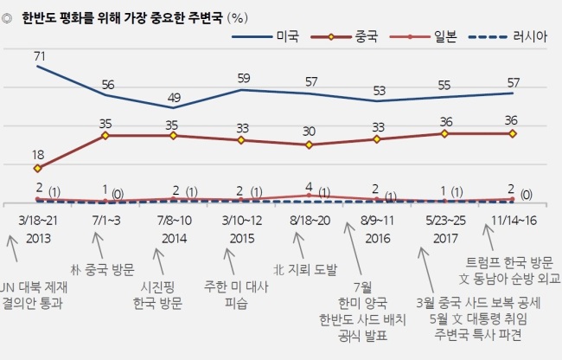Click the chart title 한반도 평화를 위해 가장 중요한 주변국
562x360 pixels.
point(122,17)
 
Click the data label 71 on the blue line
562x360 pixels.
point(40,56)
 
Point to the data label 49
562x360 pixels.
point(174,98)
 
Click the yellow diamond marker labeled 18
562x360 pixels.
point(37,168)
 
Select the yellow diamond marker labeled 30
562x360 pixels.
point(309,145)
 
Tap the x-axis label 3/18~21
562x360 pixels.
point(38,221)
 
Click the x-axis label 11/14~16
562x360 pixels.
point(514,221)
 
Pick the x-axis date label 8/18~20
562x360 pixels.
point(310,221)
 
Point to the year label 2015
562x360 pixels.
point(242,239)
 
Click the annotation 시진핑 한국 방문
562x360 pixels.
point(157,295)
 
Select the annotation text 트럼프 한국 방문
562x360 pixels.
point(509,263)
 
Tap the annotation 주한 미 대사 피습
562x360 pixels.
point(236,295)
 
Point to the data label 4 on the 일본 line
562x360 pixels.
point(309,186)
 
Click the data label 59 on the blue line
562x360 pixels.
point(244,78)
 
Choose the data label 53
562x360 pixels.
point(379,91)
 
